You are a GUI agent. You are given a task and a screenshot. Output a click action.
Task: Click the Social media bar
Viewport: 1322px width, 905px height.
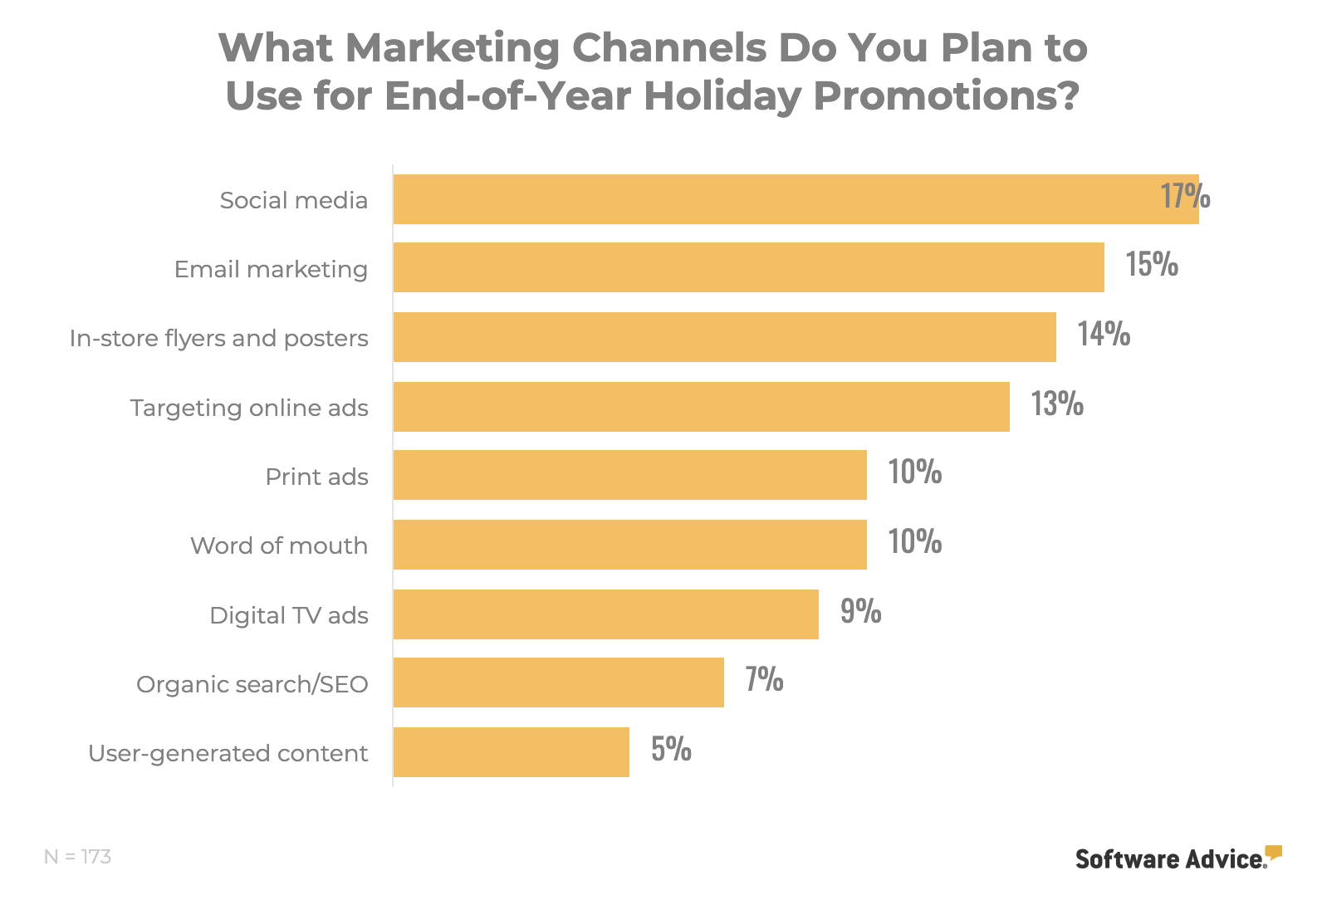tap(796, 199)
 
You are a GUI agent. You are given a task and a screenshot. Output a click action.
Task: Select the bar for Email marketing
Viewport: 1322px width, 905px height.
tap(748, 267)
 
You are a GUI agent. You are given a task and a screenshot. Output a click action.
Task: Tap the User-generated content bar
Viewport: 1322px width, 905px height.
tap(511, 752)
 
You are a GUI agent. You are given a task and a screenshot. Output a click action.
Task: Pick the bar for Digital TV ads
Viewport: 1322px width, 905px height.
tap(605, 614)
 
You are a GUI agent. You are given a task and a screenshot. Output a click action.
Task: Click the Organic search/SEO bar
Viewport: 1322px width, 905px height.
tap(558, 682)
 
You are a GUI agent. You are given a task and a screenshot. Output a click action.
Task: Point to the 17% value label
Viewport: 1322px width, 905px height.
tap(1185, 196)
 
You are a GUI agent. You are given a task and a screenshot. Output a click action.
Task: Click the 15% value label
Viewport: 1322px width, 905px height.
tap(1152, 264)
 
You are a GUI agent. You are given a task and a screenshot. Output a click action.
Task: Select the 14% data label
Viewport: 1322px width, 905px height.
tap(1104, 334)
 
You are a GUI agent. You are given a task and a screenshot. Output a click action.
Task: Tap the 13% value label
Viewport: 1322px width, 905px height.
tap(1057, 404)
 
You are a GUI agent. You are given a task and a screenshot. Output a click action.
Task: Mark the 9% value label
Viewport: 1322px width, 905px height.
tap(860, 611)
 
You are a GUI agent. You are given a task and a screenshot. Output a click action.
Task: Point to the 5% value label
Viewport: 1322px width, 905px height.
tap(671, 749)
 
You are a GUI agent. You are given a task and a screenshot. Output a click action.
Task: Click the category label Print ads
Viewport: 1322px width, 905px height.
tap(316, 477)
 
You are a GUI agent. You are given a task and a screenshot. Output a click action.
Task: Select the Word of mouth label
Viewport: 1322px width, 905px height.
tap(279, 545)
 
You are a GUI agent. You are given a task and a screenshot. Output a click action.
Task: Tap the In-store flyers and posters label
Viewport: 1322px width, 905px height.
tap(218, 338)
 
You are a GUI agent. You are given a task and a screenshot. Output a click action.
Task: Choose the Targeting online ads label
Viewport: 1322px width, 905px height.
tap(249, 408)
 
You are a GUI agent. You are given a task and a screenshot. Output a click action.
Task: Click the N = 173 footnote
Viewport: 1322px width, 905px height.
tap(77, 856)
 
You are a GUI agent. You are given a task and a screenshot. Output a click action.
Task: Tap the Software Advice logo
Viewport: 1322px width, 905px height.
tap(1178, 858)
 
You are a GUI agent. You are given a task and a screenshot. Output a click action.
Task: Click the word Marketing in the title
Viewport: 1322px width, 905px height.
tap(453, 48)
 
